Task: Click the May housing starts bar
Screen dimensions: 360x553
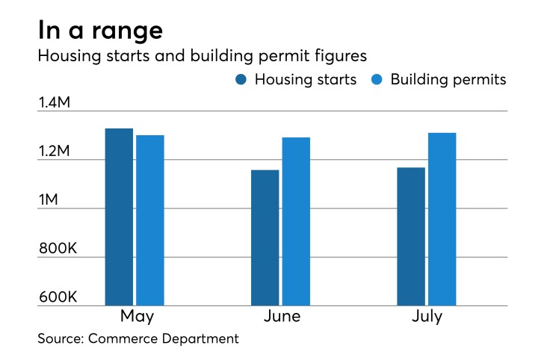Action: click(x=119, y=217)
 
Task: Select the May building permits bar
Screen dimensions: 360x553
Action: click(x=150, y=220)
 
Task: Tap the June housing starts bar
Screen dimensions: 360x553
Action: click(x=265, y=238)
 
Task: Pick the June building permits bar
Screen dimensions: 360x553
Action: click(x=296, y=221)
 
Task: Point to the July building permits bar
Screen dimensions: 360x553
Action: click(x=442, y=219)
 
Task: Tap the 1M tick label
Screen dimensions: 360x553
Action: click(x=55, y=200)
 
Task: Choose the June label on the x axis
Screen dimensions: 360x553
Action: click(x=282, y=317)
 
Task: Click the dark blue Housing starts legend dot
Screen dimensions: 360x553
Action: click(x=241, y=80)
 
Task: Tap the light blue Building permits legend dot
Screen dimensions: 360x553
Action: click(x=377, y=80)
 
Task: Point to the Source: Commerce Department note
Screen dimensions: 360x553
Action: click(x=138, y=339)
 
